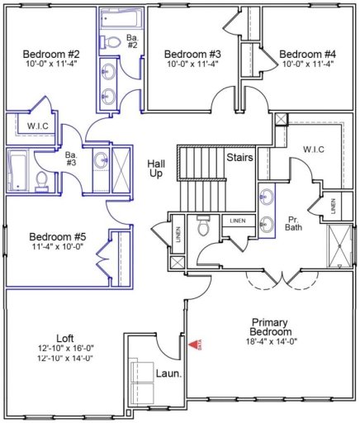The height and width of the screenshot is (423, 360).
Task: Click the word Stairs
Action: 239,155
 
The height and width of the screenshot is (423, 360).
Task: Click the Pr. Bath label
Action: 296,225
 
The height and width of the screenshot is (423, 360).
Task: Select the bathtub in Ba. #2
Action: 112,19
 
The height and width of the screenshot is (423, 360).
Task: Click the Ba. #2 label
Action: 132,42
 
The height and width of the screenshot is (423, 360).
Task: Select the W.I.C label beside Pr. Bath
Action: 313,150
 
